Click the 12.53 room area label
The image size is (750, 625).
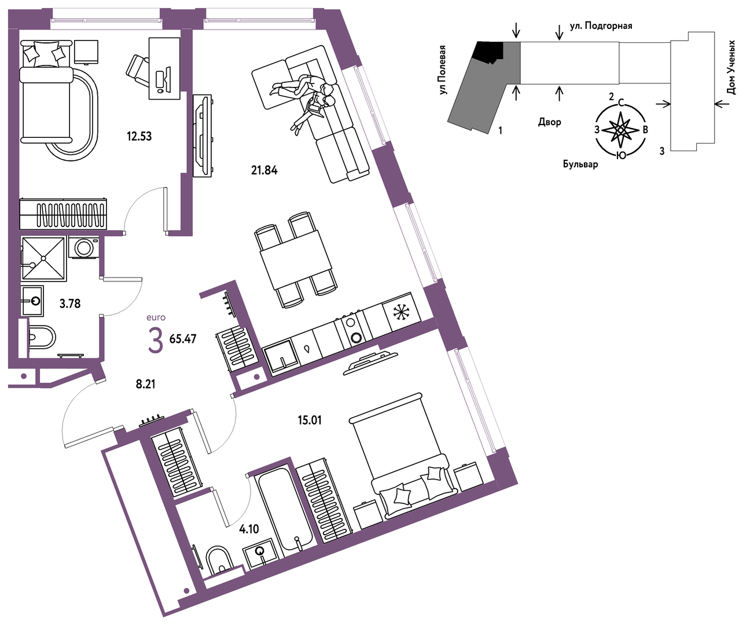[x=139, y=137]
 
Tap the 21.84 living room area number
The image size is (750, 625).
[x=264, y=170]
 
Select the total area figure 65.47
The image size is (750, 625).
[x=183, y=339]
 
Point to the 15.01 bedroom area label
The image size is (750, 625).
[x=310, y=420]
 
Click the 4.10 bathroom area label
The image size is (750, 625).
[x=249, y=529]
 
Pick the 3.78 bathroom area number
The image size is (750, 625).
[x=70, y=304]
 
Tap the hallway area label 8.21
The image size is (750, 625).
[x=145, y=385]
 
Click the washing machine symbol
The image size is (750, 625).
[x=83, y=247]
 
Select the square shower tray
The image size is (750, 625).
[x=43, y=258]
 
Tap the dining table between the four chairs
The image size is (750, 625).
[x=296, y=259]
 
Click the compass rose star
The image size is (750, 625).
[x=620, y=130]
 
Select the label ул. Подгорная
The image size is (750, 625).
[x=601, y=26]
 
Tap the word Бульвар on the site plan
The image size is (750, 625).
[x=580, y=165]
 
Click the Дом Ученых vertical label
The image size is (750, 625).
[x=730, y=67]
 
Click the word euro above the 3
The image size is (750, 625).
[x=156, y=317]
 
